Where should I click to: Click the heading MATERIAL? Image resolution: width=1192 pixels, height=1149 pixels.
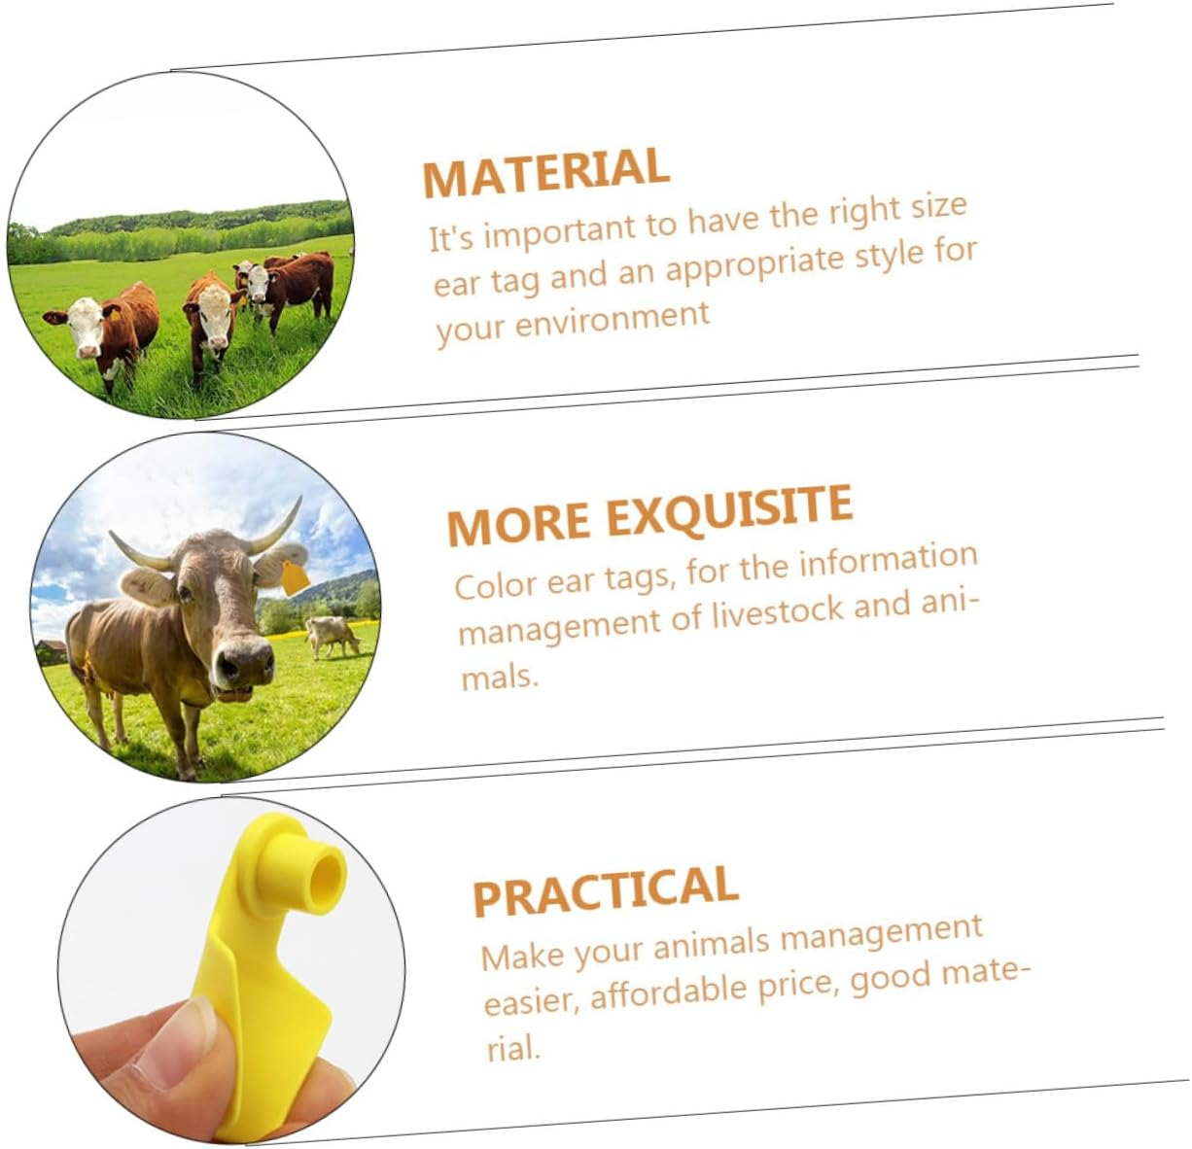(545, 173)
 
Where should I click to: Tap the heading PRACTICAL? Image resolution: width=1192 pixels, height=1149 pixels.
(605, 889)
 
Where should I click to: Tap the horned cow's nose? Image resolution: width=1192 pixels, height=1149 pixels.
(243, 665)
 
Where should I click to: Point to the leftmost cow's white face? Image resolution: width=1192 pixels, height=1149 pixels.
(86, 326)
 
